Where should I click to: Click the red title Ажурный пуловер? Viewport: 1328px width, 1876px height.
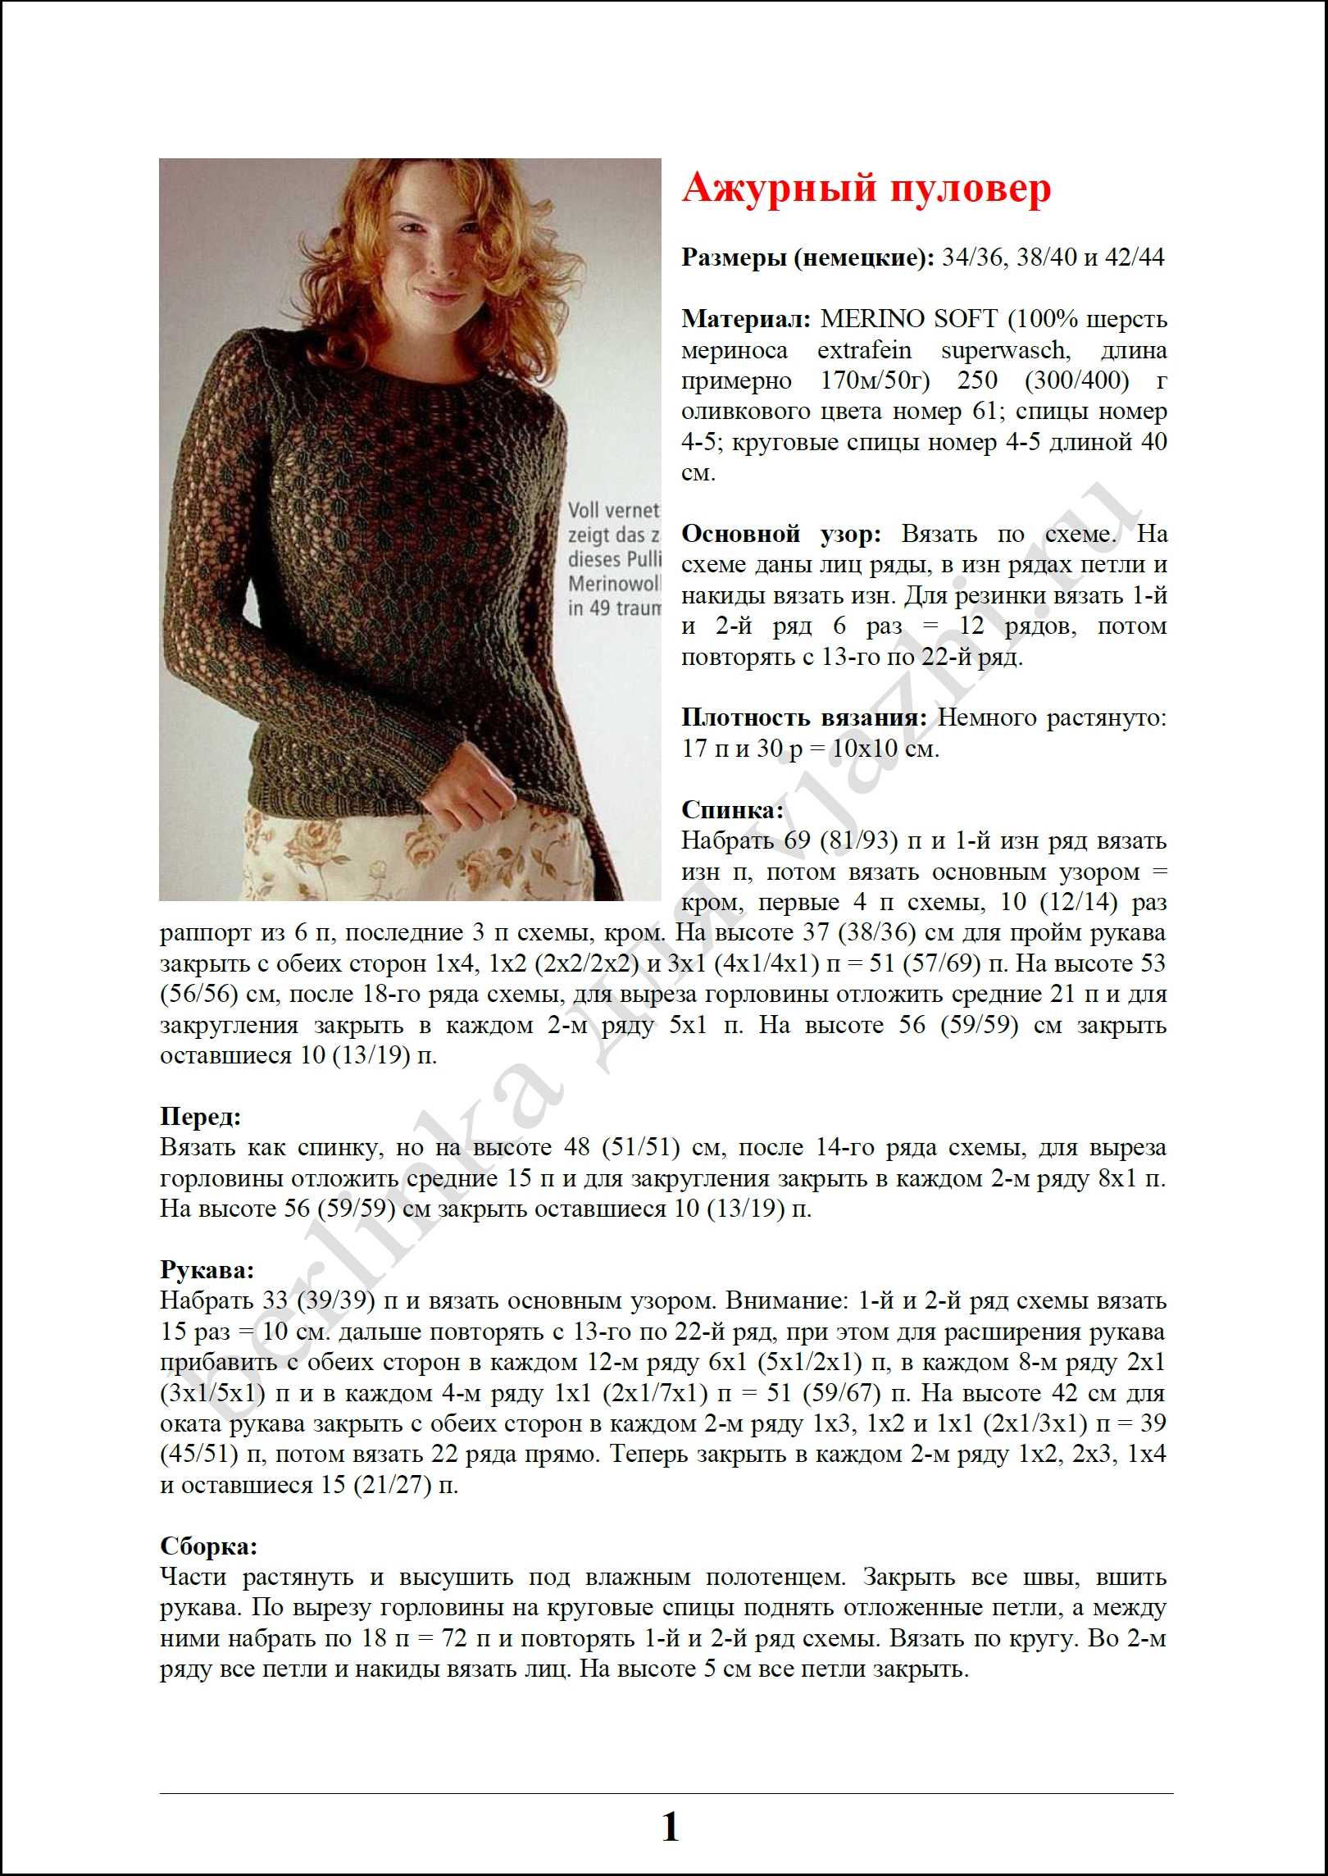(x=866, y=189)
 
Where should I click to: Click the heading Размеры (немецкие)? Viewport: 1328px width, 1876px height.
(x=807, y=257)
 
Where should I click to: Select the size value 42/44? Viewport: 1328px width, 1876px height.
(x=1135, y=257)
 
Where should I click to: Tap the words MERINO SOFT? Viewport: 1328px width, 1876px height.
(x=908, y=318)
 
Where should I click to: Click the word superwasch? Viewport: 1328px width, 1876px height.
(x=1004, y=350)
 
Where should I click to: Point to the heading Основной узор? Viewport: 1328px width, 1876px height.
(x=780, y=534)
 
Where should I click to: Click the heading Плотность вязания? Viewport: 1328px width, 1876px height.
(x=804, y=717)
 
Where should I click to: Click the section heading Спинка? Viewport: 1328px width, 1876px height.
(x=732, y=810)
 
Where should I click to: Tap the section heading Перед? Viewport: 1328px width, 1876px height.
(x=200, y=1116)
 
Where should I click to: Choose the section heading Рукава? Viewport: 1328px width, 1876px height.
(x=207, y=1270)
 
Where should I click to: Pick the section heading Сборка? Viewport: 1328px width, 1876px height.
(x=208, y=1546)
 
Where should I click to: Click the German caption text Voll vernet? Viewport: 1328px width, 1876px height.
(x=613, y=510)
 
